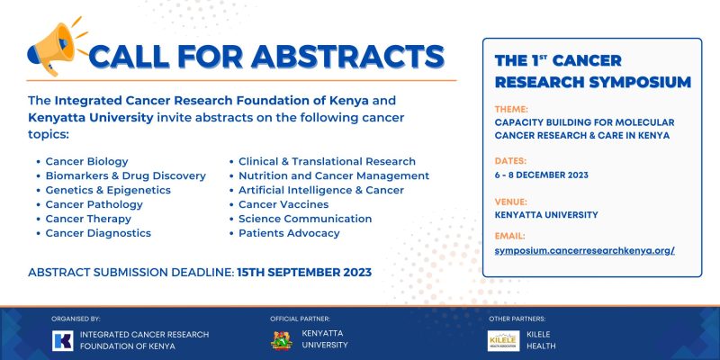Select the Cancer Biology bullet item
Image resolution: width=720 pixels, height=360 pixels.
point(86,161)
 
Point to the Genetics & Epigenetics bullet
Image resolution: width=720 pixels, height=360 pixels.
point(108,190)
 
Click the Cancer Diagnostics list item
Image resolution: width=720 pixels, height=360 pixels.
point(98,233)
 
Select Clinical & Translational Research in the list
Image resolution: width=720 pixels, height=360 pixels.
point(327,161)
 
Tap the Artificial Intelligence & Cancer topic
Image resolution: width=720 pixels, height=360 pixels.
point(320,190)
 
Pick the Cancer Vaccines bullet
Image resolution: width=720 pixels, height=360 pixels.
point(283,204)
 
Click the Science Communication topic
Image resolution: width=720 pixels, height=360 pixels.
point(305,219)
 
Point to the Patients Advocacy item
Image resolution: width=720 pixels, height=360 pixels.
point(289,233)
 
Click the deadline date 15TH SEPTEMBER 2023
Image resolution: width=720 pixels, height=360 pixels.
point(303,271)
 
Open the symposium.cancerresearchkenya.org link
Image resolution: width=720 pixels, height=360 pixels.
point(585,250)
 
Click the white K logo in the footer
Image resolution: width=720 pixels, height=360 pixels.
point(63,339)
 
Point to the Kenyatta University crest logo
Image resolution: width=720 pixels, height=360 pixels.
point(281,339)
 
